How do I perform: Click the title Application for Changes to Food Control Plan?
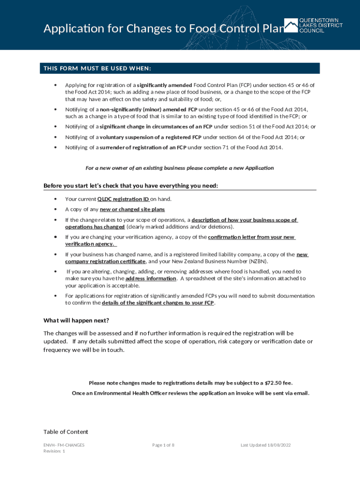click(x=164, y=29)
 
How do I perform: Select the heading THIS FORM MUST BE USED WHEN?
click(x=97, y=69)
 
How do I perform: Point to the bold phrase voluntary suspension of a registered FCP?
click(x=151, y=137)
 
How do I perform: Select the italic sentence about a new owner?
click(x=179, y=168)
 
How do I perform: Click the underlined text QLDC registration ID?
click(x=123, y=199)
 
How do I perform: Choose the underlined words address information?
click(x=151, y=278)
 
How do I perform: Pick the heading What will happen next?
click(x=76, y=320)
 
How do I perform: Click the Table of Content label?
click(x=65, y=432)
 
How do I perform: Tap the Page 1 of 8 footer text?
click(x=163, y=445)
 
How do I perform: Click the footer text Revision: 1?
click(x=54, y=451)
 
